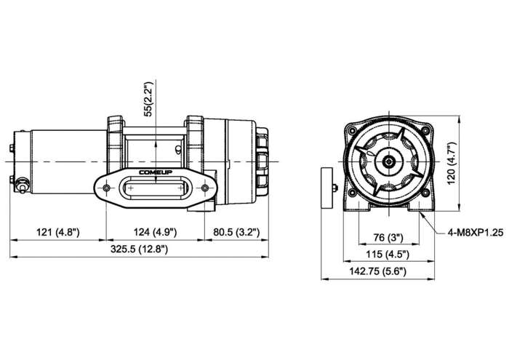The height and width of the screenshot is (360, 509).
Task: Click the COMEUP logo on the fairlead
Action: (156, 172)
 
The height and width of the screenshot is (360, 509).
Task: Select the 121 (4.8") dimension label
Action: (57, 232)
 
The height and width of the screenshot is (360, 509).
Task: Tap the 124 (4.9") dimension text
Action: (155, 232)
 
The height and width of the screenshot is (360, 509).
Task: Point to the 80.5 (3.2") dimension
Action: (236, 232)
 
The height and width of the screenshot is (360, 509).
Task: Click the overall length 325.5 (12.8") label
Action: (140, 249)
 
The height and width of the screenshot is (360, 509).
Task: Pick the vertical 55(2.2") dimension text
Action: (148, 99)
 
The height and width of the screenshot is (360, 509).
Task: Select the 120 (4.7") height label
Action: (452, 164)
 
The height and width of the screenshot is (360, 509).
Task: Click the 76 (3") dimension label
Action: (388, 238)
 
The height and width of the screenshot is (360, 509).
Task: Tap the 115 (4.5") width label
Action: (388, 254)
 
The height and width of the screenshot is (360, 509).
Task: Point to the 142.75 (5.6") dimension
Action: (378, 271)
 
